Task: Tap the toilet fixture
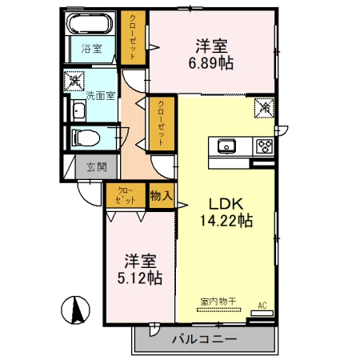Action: [x=86, y=138]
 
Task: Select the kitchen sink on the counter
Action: [x=226, y=146]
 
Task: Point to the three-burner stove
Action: [x=264, y=146]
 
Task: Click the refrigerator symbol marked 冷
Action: [x=264, y=108]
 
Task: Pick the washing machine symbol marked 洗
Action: [x=74, y=82]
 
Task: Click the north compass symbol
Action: [x=76, y=310]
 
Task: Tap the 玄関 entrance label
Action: [x=97, y=167]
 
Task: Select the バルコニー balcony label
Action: [x=204, y=339]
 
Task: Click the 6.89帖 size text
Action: [x=211, y=63]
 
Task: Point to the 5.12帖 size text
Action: [x=140, y=278]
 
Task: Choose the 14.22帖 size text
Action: [x=226, y=221]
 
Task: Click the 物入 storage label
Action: [x=162, y=196]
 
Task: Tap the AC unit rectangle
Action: [x=262, y=313]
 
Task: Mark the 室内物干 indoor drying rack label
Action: [x=218, y=302]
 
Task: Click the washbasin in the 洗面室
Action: [x=78, y=110]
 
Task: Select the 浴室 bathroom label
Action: [x=91, y=49]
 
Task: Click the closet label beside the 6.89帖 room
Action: [x=133, y=37]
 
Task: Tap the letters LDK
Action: [x=226, y=204]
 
